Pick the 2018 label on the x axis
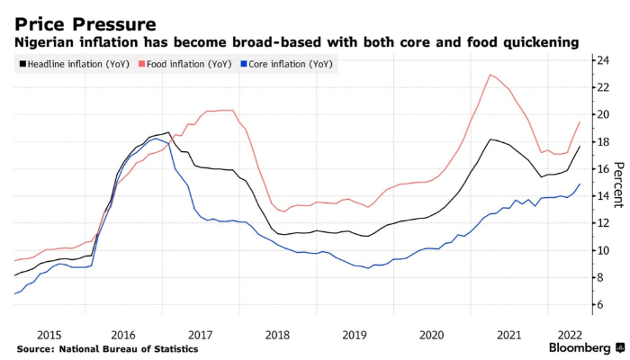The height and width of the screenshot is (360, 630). (x=276, y=334)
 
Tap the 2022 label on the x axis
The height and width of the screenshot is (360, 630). (x=568, y=334)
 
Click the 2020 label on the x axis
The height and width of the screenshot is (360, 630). (x=431, y=334)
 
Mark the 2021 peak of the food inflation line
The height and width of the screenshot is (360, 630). (x=490, y=75)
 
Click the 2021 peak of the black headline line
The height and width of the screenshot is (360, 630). (x=490, y=139)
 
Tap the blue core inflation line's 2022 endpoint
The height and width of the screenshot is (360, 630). (x=580, y=184)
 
